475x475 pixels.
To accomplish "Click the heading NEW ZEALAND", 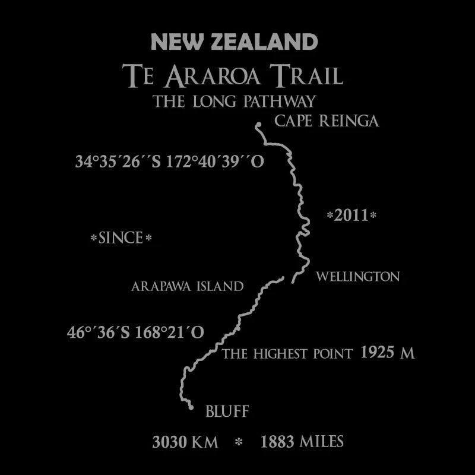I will pos(235,42).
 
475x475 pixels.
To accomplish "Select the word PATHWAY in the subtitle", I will pos(277,101).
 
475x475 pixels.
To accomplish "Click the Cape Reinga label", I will pos(326,122).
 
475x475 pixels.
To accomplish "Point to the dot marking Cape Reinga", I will pos(259,125).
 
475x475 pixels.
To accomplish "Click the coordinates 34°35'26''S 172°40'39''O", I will pos(169,161).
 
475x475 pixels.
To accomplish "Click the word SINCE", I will pos(121,239).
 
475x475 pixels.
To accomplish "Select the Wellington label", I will pos(357,277).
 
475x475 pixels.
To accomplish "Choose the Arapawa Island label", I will pos(187,286).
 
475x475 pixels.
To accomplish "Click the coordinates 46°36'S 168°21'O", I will pos(135,332).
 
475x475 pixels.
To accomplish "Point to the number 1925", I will pos(378,353).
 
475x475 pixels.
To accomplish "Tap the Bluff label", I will pos(227,411).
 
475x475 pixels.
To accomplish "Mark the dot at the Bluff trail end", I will pos(191,407).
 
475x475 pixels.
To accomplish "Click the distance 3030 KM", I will pos(185,442).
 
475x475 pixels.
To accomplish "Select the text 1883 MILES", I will pos(302,442).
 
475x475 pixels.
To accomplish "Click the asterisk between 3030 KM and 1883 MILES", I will pos(239,442).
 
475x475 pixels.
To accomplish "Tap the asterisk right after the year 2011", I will pos(373,216).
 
